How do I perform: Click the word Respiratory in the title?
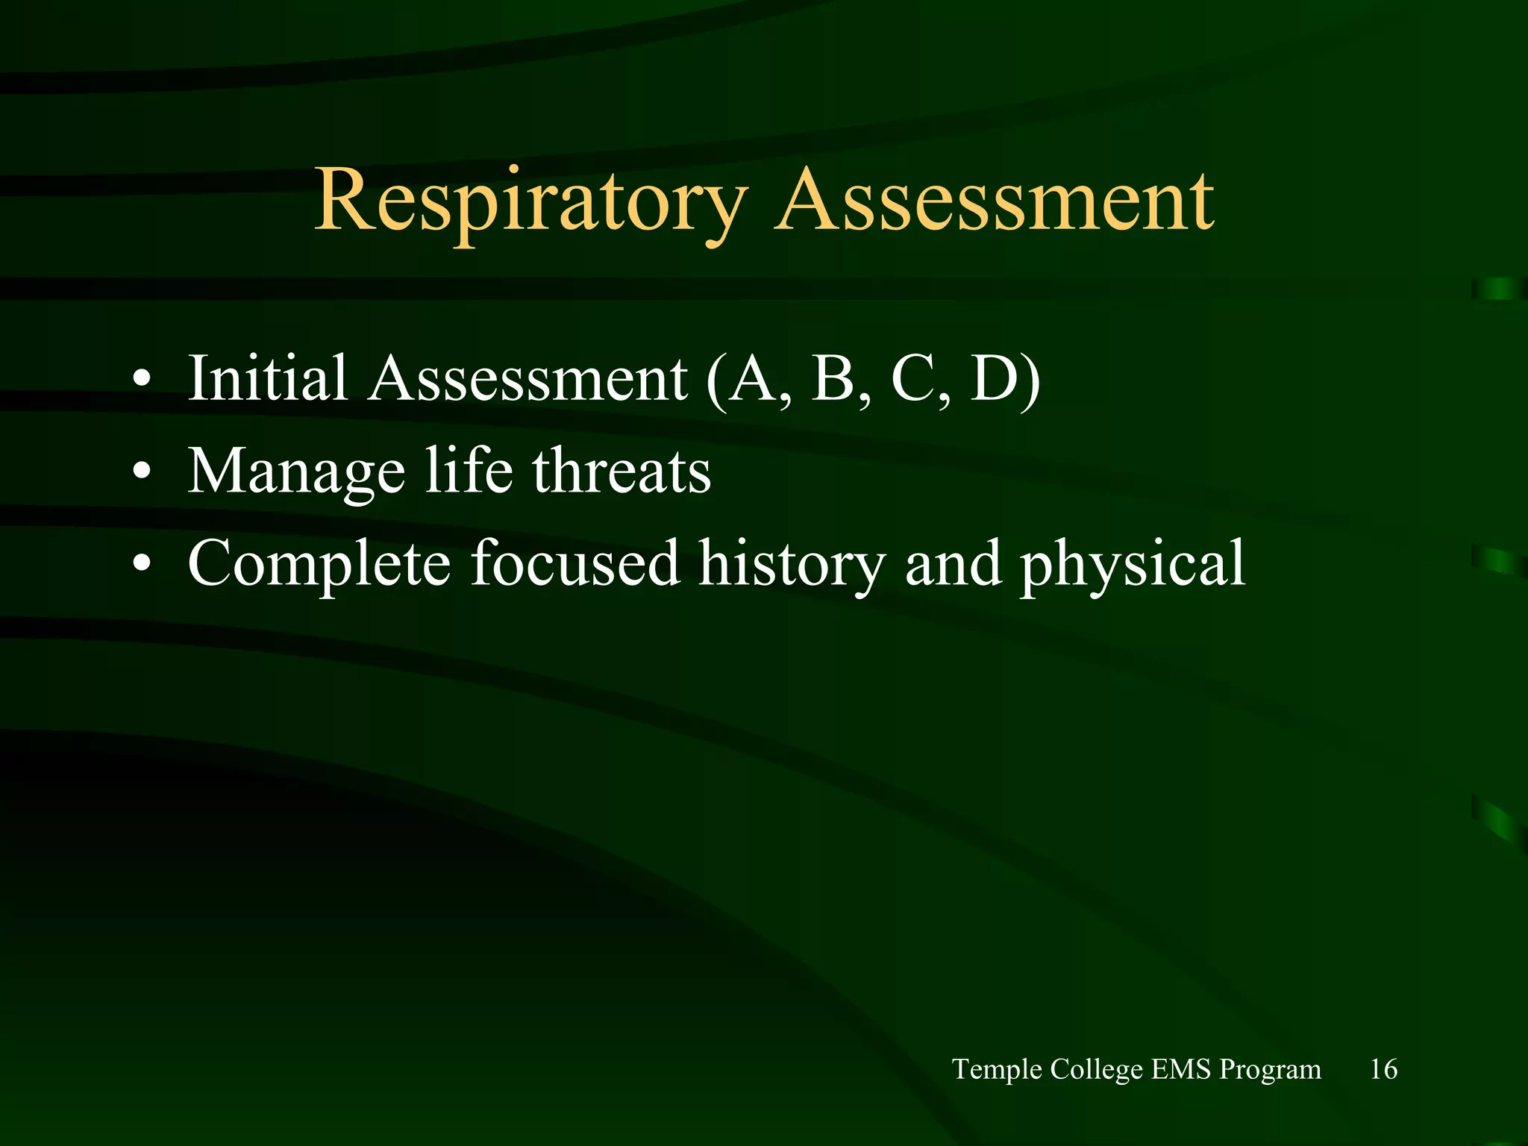click(x=530, y=201)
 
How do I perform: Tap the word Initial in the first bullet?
click(x=268, y=378)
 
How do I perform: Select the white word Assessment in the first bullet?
click(x=527, y=378)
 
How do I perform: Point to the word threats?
click(x=621, y=472)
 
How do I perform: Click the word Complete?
click(x=319, y=565)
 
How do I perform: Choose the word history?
click(x=792, y=565)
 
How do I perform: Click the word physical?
click(x=1132, y=565)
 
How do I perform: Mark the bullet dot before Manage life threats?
click(x=141, y=472)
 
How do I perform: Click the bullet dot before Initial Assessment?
click(x=141, y=380)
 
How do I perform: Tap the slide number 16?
click(x=1383, y=1069)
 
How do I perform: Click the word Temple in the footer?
click(x=997, y=1070)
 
